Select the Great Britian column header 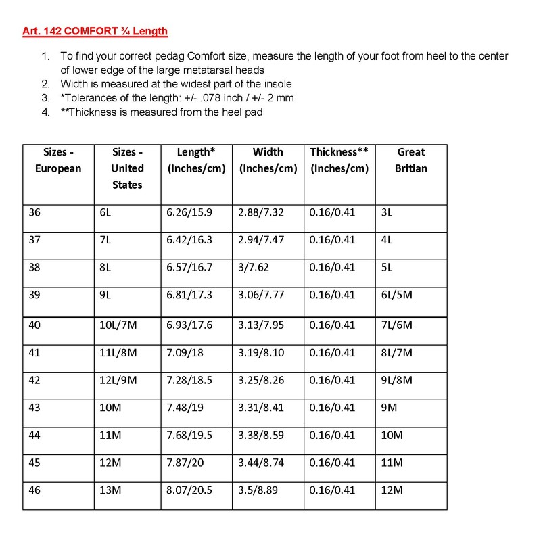[410, 160]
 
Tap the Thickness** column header [339, 160]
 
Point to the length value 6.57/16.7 [189, 267]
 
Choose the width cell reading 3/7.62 [255, 267]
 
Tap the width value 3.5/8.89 [257, 491]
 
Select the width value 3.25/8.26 [261, 379]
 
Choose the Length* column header [196, 160]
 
